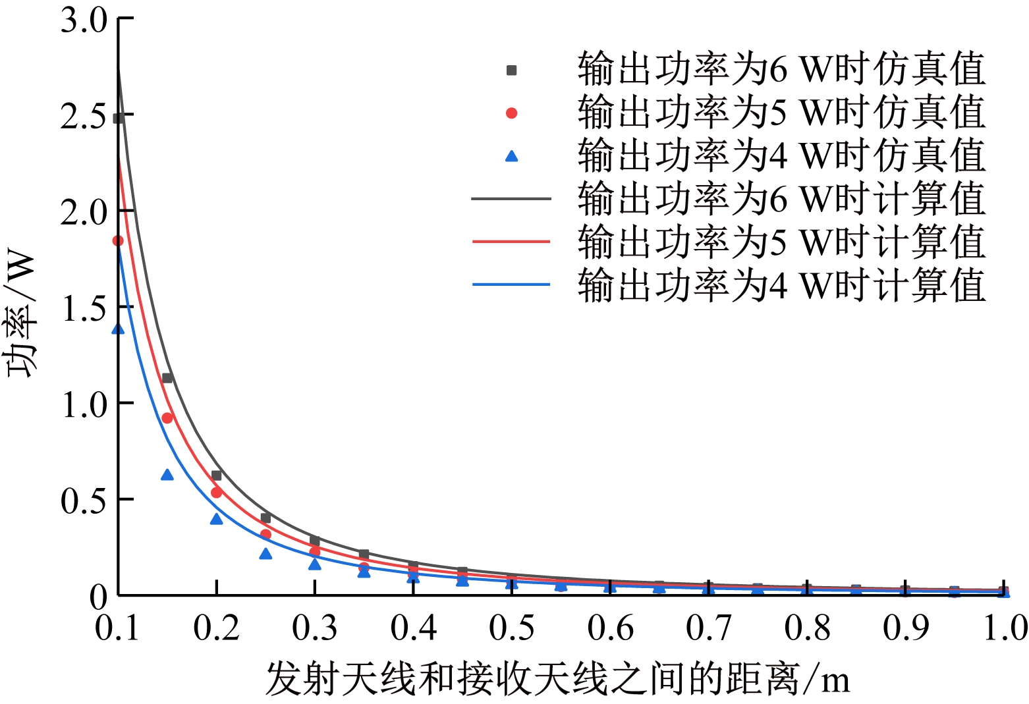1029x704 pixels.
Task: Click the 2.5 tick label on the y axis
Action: pyautogui.click(x=83, y=117)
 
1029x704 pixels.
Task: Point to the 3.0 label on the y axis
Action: pyautogui.click(x=83, y=20)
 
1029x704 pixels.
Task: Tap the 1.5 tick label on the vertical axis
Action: pyautogui.click(x=83, y=308)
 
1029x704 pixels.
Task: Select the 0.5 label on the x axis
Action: pyautogui.click(x=512, y=628)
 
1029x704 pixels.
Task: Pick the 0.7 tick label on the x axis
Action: pyautogui.click(x=709, y=628)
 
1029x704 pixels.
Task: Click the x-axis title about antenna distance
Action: pyautogui.click(x=557, y=680)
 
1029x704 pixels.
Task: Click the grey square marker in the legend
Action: pyautogui.click(x=511, y=70)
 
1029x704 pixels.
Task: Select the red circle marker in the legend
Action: pyautogui.click(x=511, y=113)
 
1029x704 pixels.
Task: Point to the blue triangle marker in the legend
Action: pyautogui.click(x=511, y=157)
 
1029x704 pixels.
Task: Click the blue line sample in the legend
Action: pyautogui.click(x=511, y=284)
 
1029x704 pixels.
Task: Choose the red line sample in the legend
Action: pyautogui.click(x=511, y=242)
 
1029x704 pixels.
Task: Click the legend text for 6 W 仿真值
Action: pyautogui.click(x=781, y=70)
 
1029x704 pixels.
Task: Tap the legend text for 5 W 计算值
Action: pyautogui.click(x=781, y=242)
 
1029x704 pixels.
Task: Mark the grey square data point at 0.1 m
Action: pyautogui.click(x=119, y=119)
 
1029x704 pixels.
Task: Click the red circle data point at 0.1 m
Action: pyautogui.click(x=118, y=241)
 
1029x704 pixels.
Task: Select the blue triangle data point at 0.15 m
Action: pyautogui.click(x=167, y=475)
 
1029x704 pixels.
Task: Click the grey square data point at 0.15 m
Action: pyautogui.click(x=167, y=378)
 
